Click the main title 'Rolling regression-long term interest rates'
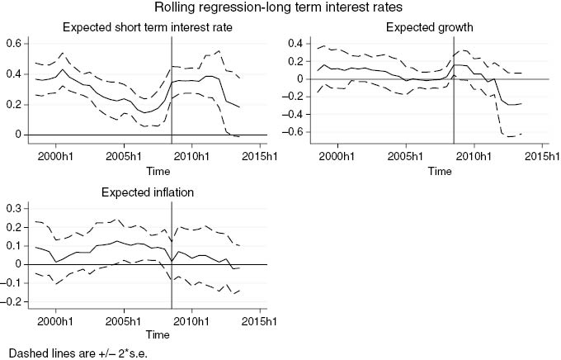tap(280, 9)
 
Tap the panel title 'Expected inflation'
tap(147, 193)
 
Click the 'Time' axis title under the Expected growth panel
tap(439, 171)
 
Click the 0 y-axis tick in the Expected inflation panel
tap(18, 263)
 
